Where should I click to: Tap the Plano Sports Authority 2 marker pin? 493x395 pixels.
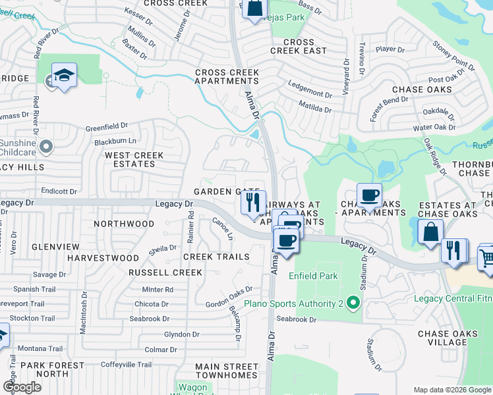[354, 303]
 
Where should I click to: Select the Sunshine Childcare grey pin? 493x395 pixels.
[45, 145]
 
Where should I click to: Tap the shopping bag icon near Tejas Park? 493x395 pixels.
[254, 9]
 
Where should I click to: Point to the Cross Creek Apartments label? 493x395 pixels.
[227, 76]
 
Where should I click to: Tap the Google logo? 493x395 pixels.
[22, 387]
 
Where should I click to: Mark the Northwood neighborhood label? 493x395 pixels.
[124, 224]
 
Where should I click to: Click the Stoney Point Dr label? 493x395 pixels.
[453, 56]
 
